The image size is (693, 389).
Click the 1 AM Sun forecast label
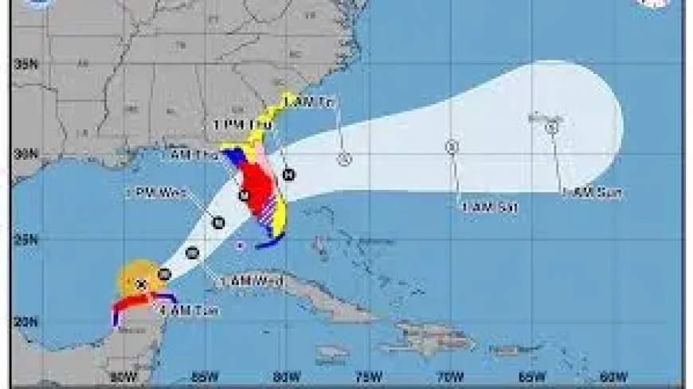(x=592, y=193)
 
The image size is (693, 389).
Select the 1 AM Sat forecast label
(x=490, y=208)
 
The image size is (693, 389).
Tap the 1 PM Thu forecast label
(x=242, y=126)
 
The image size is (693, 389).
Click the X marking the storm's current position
(x=141, y=284)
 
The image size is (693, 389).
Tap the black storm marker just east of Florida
(x=288, y=175)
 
